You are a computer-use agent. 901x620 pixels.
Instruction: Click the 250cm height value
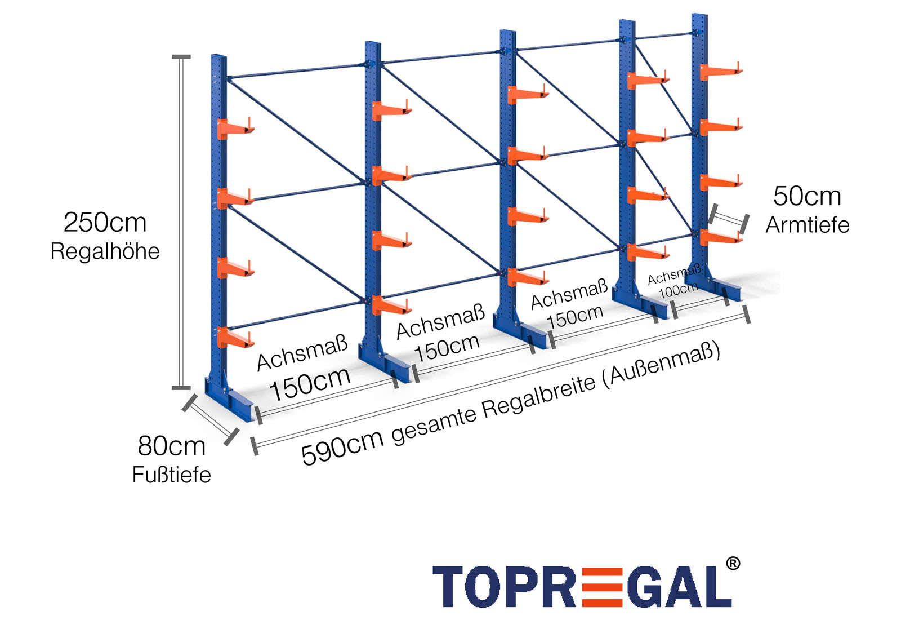coord(105,223)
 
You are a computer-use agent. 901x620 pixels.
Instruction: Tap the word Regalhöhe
coord(105,251)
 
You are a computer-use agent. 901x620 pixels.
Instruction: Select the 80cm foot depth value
coord(171,446)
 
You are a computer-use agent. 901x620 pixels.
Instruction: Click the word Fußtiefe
coord(171,475)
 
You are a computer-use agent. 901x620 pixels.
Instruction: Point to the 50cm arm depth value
coord(807,196)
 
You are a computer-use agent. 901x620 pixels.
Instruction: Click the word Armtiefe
coord(807,225)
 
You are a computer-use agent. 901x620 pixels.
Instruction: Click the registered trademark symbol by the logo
coord(733,563)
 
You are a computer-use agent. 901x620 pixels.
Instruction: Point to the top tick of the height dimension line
coord(181,57)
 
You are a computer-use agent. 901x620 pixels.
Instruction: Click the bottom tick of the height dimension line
coord(181,388)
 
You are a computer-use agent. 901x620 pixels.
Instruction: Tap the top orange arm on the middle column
coord(527,94)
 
